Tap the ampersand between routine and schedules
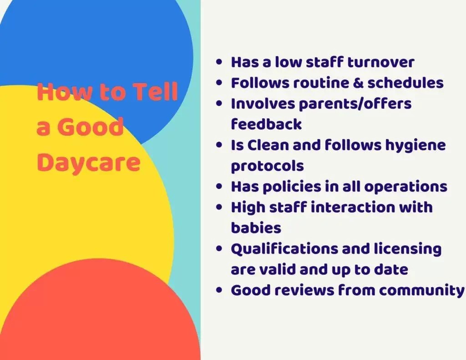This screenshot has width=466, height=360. [359, 83]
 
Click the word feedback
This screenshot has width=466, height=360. [266, 124]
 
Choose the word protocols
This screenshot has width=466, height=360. [267, 166]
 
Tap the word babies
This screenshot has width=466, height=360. [256, 228]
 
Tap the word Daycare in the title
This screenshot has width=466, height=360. [88, 162]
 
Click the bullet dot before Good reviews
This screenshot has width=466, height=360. [220, 290]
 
